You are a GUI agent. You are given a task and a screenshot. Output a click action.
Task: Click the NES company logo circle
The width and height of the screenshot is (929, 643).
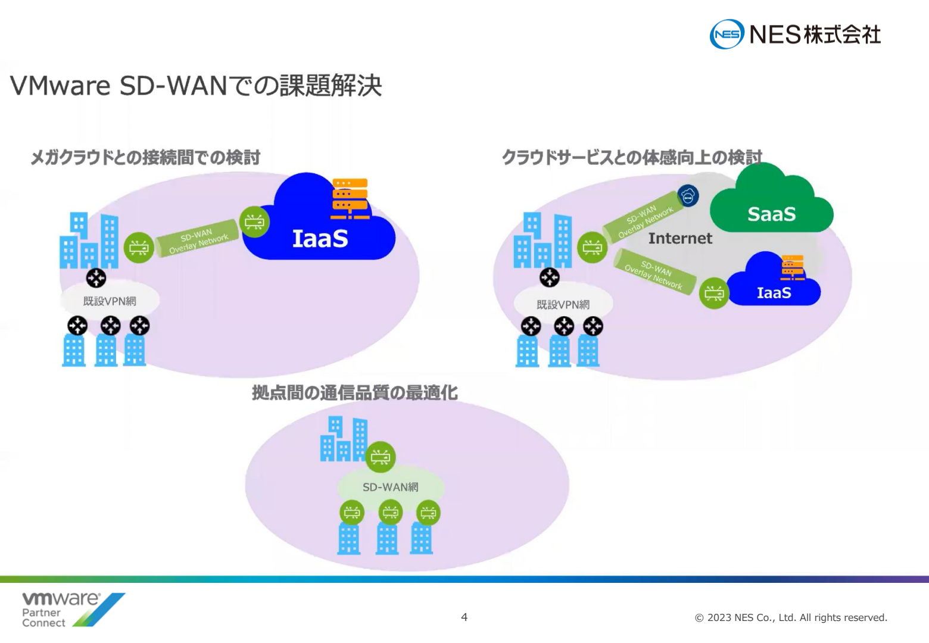(727, 34)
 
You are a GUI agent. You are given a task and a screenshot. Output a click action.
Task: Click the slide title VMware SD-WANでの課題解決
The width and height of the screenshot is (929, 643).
(195, 86)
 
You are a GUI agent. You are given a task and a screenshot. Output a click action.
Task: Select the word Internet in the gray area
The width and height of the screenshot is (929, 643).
(680, 238)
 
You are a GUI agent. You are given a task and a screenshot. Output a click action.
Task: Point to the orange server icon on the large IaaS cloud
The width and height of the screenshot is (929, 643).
(350, 199)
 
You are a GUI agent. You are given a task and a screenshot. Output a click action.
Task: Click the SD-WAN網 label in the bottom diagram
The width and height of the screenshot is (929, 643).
(391, 487)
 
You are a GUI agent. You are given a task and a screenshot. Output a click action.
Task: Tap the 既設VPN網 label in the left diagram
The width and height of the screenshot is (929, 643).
(110, 301)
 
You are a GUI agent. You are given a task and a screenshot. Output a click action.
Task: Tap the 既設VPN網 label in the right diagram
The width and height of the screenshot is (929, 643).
(563, 305)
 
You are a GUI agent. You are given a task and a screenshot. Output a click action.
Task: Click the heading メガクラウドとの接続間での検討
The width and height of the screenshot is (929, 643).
(145, 158)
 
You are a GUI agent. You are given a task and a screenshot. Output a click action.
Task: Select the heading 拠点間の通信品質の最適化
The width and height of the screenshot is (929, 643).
(354, 392)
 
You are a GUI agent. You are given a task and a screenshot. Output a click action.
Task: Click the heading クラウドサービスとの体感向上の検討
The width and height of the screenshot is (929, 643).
(632, 158)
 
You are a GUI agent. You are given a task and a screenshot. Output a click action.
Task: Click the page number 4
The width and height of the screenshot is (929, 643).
(464, 617)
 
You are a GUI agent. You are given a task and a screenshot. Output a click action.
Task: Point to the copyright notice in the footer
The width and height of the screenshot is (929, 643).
(791, 618)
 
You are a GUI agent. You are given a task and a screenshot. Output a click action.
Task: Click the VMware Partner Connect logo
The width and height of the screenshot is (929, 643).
(73, 610)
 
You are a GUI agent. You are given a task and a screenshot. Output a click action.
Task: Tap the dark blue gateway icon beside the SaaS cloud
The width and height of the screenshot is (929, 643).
(688, 196)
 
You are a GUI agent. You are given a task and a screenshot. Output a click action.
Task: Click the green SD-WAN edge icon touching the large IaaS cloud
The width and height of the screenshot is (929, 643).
(255, 222)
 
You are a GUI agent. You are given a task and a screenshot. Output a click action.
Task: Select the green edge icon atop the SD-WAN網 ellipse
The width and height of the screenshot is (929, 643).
(381, 457)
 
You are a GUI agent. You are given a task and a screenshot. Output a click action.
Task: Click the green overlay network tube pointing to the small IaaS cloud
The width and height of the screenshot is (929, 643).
(655, 272)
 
